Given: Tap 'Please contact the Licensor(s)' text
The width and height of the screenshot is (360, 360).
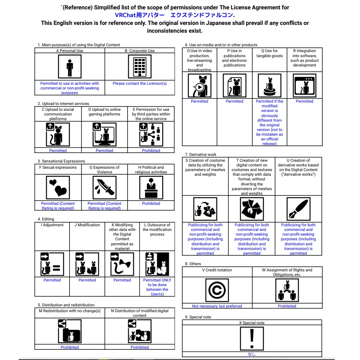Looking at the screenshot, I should pyautogui.click(x=140, y=84).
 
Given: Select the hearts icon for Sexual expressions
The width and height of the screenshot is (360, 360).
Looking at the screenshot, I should pyautogui.click(x=58, y=187).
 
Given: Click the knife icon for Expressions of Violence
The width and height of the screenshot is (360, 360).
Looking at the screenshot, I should pyautogui.click(x=105, y=187).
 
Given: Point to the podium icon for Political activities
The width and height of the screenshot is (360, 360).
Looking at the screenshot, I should pyautogui.click(x=151, y=187).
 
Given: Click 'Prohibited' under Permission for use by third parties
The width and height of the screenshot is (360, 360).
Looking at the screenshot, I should pyautogui.click(x=151, y=151).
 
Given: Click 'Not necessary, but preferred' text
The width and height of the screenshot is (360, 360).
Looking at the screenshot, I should pyautogui.click(x=217, y=306).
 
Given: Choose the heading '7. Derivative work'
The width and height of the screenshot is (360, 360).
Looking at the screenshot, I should pyautogui.click(x=201, y=155).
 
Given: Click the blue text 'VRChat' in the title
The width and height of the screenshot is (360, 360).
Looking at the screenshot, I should pyautogui.click(x=128, y=15).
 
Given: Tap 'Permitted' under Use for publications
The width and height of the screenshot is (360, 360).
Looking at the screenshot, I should pyautogui.click(x=234, y=101).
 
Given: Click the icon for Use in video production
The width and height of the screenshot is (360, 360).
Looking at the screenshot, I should pyautogui.click(x=199, y=85).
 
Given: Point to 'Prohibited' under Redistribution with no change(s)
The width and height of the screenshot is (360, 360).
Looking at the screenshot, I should pyautogui.click(x=70, y=348).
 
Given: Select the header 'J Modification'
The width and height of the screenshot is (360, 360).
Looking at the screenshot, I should pyautogui.click(x=87, y=225).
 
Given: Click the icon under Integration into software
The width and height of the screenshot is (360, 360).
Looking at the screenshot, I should pyautogui.click(x=304, y=85).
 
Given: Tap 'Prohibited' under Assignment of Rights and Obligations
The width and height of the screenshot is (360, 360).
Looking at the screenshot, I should pyautogui.click(x=287, y=306).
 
